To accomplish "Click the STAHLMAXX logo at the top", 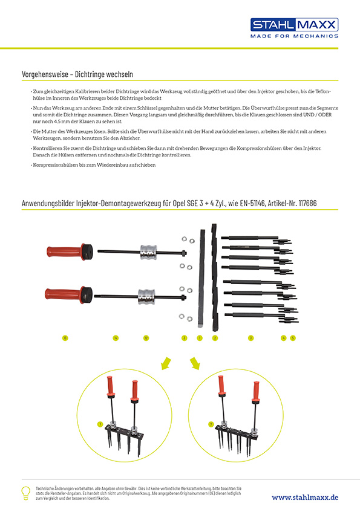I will coord(295,25).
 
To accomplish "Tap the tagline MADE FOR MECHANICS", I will coord(295,36).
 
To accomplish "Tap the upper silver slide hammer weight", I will coord(149,251).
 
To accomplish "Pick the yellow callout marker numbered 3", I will coord(250,338).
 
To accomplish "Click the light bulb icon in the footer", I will coord(26,491).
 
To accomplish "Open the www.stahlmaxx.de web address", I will coord(305,497).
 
